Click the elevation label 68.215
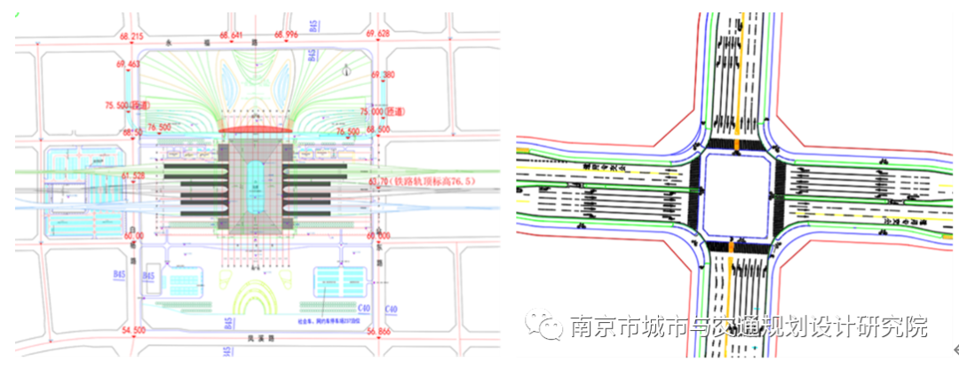tap(131, 35)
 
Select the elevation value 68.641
tap(232, 35)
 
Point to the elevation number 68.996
tap(286, 35)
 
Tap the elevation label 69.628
tap(377, 35)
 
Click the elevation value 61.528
tap(132, 177)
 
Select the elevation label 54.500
tap(133, 331)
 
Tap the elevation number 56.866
tap(377, 331)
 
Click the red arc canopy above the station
tap(255, 130)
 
